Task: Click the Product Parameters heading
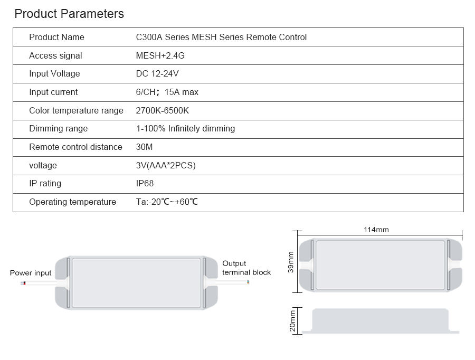pyautogui.click(x=69, y=14)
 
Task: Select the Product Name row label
pyautogui.click(x=56, y=37)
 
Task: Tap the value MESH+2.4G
pyautogui.click(x=160, y=55)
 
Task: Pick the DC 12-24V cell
pyautogui.click(x=157, y=73)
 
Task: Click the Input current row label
pyautogui.click(x=53, y=92)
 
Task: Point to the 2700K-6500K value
pyautogui.click(x=163, y=110)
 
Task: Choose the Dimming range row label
pyautogui.click(x=59, y=128)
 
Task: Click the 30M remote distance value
pyautogui.click(x=144, y=147)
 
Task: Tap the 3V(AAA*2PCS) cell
pyautogui.click(x=166, y=165)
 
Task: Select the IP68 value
pyautogui.click(x=145, y=183)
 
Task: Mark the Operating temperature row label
pyautogui.click(x=72, y=202)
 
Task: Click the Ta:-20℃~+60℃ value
pyautogui.click(x=167, y=202)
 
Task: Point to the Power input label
pyautogui.click(x=31, y=273)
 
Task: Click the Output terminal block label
pyautogui.click(x=246, y=268)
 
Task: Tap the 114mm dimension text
pyautogui.click(x=376, y=230)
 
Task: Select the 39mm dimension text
pyautogui.click(x=291, y=262)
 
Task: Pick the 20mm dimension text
pyautogui.click(x=292, y=321)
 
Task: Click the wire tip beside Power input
pyautogui.click(x=23, y=283)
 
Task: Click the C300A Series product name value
pyautogui.click(x=221, y=37)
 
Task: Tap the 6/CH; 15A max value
pyautogui.click(x=167, y=92)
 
